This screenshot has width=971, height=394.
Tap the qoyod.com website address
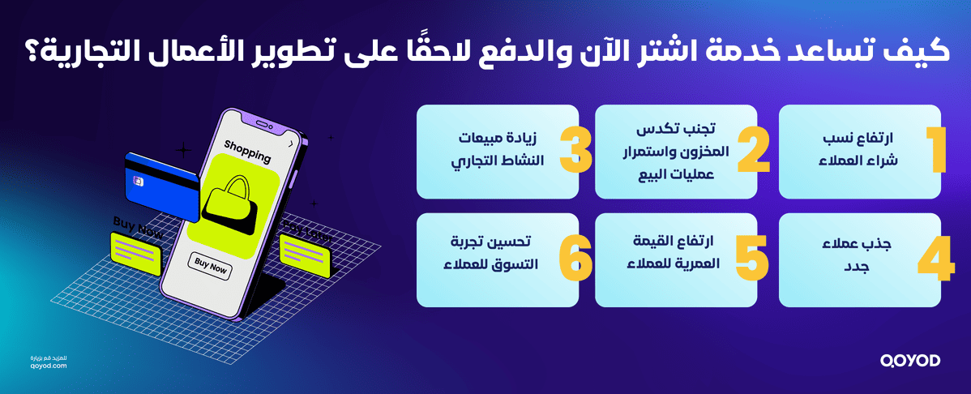(x=52, y=366)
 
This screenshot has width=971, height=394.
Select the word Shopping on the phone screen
(x=247, y=151)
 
